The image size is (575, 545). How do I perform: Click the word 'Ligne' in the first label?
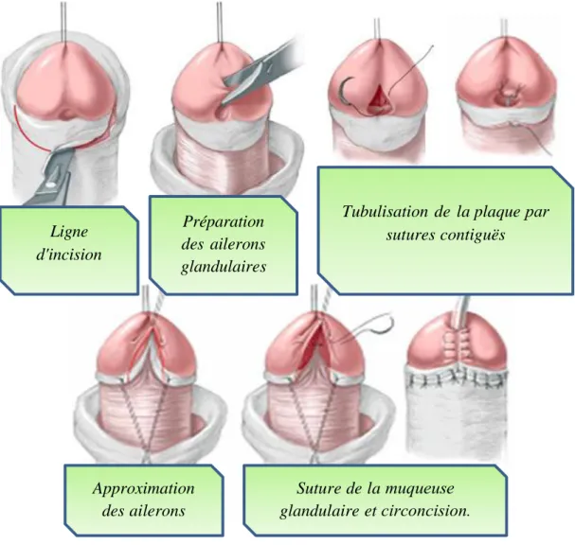69,232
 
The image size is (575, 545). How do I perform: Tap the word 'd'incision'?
69,255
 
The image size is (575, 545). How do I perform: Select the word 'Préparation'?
224,222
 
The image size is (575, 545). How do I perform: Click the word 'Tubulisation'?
385,212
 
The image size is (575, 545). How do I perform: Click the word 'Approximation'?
143,489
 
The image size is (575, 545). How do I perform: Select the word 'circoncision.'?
425,511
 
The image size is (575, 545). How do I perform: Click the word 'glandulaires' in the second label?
224,268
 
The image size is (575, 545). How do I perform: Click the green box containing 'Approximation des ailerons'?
143,500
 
